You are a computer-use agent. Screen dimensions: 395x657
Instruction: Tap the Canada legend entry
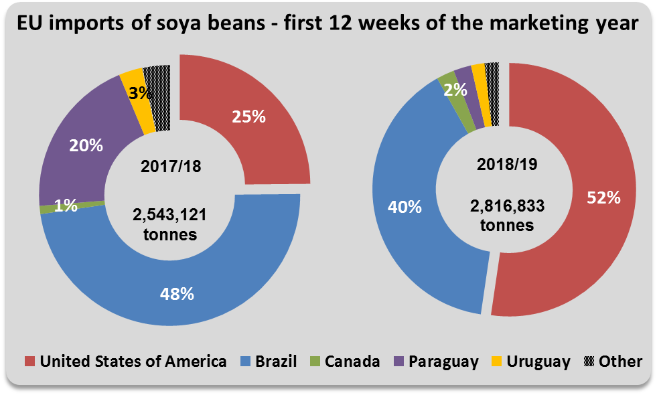(344, 362)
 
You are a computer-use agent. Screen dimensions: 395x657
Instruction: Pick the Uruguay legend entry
(530, 362)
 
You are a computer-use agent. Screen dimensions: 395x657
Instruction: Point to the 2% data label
(456, 88)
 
